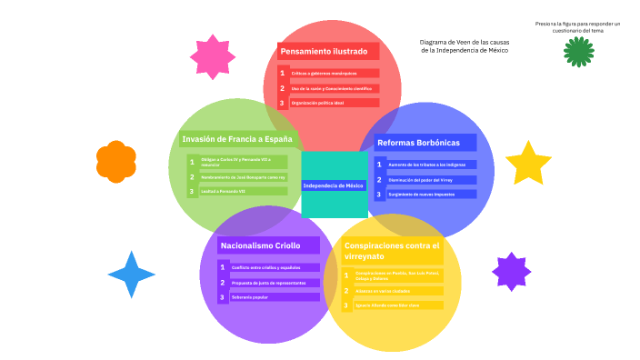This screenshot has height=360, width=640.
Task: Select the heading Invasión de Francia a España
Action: click(237, 139)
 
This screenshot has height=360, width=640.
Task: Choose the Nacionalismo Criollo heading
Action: click(260, 245)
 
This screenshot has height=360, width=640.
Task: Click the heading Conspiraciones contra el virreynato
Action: click(391, 251)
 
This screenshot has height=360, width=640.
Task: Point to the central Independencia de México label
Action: click(334, 185)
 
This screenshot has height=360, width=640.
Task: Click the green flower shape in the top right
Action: click(578, 52)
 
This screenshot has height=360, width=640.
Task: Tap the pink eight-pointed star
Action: click(213, 57)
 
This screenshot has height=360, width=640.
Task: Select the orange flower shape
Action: click(116, 161)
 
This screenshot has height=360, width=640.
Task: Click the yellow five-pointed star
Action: click(528, 163)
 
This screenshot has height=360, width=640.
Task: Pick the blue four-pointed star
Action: click(132, 275)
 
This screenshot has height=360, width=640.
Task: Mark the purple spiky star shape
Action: click(511, 272)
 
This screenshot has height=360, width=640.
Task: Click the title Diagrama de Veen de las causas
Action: click(464, 42)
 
